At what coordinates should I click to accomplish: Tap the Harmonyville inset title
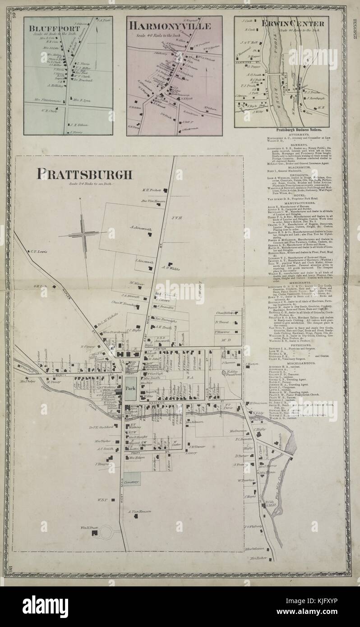[x=170, y=26]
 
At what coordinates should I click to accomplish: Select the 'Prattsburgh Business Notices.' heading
[x=292, y=129]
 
